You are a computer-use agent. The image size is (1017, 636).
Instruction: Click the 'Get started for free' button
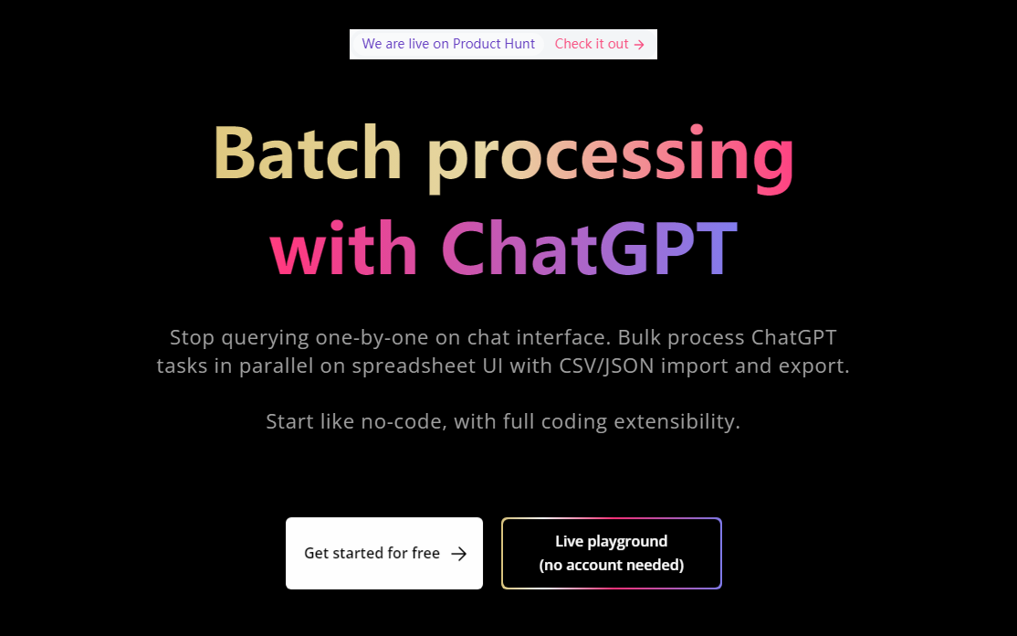(x=384, y=553)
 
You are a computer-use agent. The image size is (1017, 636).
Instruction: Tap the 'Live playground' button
(x=612, y=553)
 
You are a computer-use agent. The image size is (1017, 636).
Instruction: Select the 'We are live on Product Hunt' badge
(x=448, y=44)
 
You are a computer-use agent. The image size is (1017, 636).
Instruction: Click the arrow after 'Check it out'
(x=639, y=45)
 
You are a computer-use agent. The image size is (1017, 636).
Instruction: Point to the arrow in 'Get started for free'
(x=458, y=554)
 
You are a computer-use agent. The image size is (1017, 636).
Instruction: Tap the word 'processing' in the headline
(x=611, y=158)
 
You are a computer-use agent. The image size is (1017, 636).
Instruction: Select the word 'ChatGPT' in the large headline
(x=590, y=248)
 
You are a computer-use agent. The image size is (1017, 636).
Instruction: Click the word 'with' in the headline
(x=344, y=248)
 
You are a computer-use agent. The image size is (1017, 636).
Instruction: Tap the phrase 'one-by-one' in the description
(x=372, y=338)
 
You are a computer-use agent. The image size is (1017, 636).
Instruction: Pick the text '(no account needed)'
(x=612, y=566)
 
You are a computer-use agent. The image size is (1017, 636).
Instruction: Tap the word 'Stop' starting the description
(x=193, y=338)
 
